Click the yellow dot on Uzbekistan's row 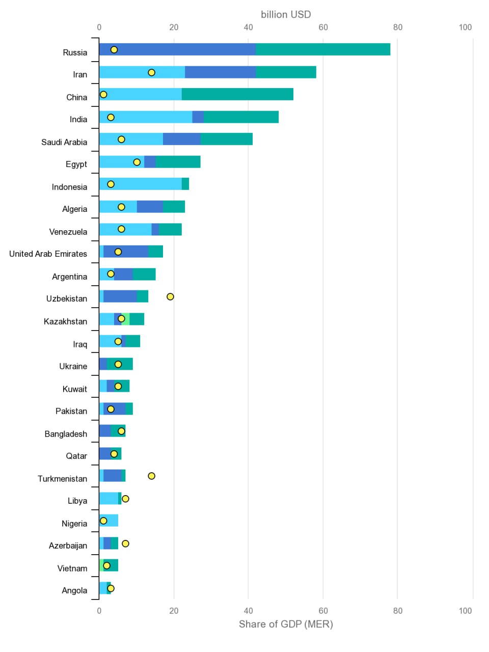click(x=170, y=296)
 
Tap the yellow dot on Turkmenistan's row click(x=151, y=476)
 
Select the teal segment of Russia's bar click(x=323, y=49)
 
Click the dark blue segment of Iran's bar click(x=220, y=72)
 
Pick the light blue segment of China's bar click(x=141, y=94)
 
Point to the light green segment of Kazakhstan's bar click(x=126, y=319)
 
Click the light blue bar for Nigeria click(x=108, y=521)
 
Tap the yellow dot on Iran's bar click(x=151, y=72)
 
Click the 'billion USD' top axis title click(x=286, y=14)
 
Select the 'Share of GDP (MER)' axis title click(x=286, y=624)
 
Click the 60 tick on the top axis click(x=323, y=28)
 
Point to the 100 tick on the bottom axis click(x=465, y=611)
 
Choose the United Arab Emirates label click(x=48, y=254)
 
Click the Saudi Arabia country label click(x=64, y=142)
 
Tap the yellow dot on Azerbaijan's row click(x=125, y=544)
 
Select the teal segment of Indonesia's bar click(x=185, y=184)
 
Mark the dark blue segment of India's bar click(x=198, y=117)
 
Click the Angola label click(x=74, y=590)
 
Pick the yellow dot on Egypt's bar click(x=137, y=162)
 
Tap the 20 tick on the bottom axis click(x=174, y=611)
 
